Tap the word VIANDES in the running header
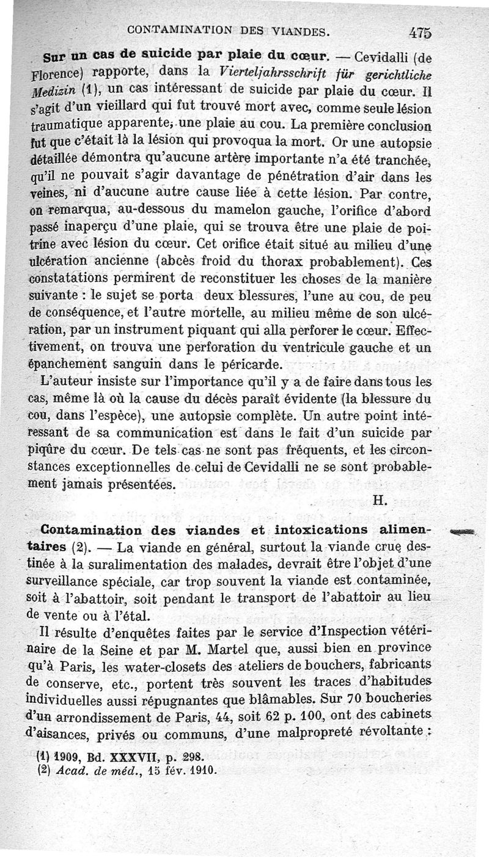click(x=297, y=29)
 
